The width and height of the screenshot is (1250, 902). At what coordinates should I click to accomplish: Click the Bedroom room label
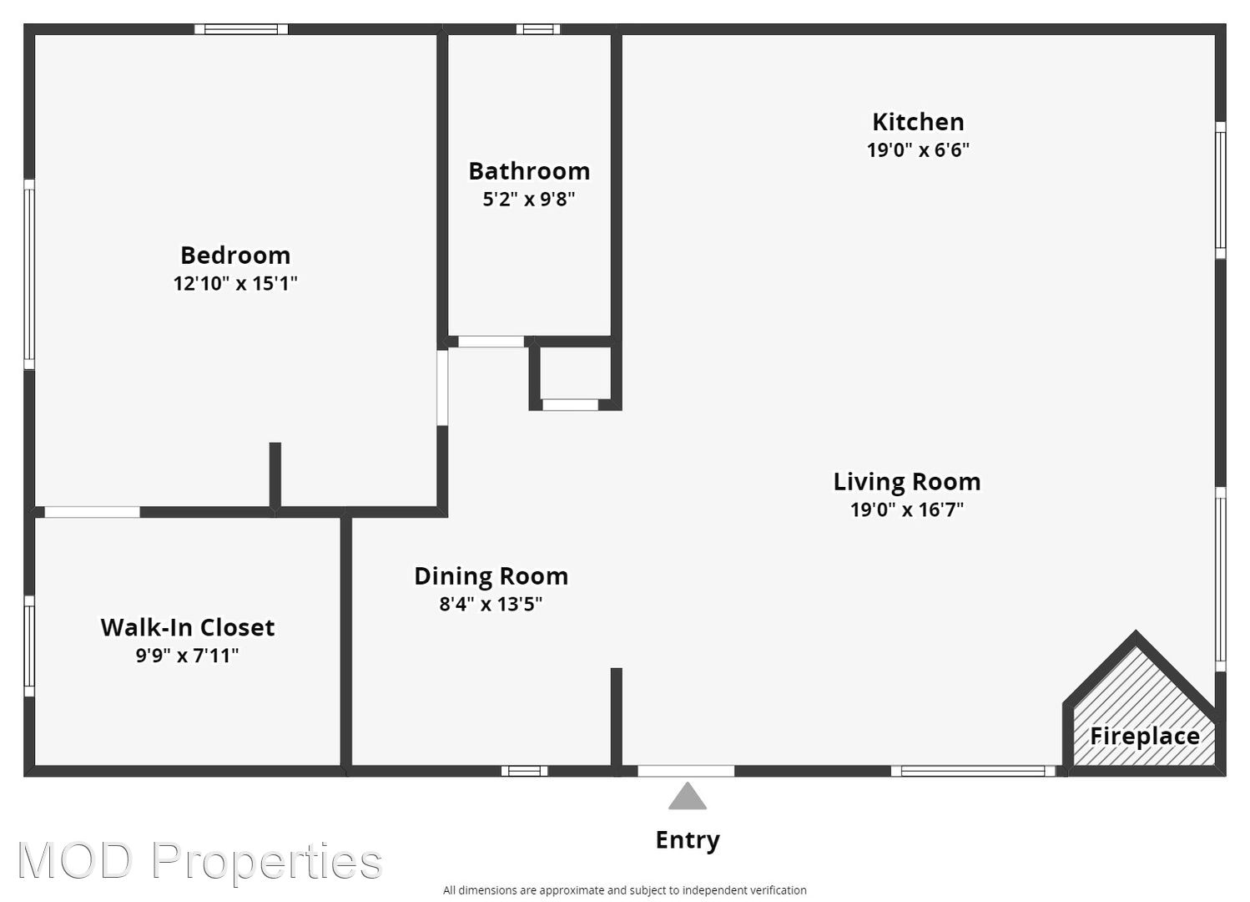[235, 256]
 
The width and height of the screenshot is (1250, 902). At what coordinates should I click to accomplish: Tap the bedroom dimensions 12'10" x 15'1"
[235, 283]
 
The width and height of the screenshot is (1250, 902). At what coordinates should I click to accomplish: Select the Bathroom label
[529, 171]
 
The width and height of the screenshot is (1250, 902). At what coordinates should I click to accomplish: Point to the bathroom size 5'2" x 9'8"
[529, 199]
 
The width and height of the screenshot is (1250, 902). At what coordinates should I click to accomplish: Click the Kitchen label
[918, 122]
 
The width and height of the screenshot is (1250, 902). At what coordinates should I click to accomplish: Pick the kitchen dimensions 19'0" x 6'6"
[918, 149]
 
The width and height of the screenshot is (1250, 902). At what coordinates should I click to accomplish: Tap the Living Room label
[907, 481]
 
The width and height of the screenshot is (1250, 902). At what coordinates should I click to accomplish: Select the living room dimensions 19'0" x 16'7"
[907, 509]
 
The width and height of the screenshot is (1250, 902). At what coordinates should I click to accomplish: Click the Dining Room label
[491, 575]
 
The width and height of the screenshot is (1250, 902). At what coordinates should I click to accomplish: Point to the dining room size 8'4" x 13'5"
[491, 604]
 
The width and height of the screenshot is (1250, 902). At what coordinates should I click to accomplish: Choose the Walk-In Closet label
[188, 627]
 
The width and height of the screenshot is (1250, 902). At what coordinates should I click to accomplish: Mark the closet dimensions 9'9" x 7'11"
[188, 655]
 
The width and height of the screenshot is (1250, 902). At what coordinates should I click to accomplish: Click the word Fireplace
[1145, 736]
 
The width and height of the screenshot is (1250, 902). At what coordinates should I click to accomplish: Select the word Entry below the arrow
[688, 840]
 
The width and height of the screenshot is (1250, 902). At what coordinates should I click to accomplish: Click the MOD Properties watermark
[199, 861]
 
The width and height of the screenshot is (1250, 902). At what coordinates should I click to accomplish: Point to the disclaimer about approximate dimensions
[624, 889]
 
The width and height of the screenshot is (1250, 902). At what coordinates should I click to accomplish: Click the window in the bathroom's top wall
[537, 29]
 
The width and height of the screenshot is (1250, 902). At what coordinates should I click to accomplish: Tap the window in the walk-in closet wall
[29, 646]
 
